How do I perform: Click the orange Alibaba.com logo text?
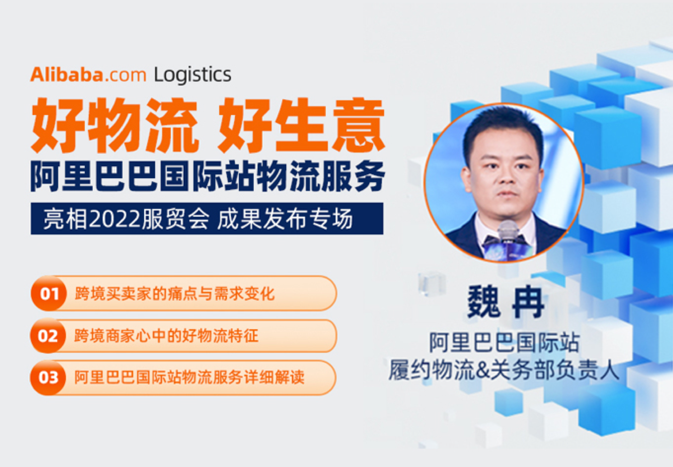point(88,74)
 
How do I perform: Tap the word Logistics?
point(193,75)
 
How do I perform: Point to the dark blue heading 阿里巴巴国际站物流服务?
point(208,176)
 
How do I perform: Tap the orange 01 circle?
point(49,293)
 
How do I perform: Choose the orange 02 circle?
point(48,335)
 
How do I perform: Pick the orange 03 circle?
point(48,377)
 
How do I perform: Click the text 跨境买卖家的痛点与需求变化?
point(174,294)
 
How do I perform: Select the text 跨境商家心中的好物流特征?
point(166,336)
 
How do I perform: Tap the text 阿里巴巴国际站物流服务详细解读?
point(189,378)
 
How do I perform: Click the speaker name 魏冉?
point(506,301)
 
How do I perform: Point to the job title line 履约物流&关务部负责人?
point(504,370)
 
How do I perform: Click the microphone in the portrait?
point(508,237)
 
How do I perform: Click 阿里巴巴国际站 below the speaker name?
point(504,343)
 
